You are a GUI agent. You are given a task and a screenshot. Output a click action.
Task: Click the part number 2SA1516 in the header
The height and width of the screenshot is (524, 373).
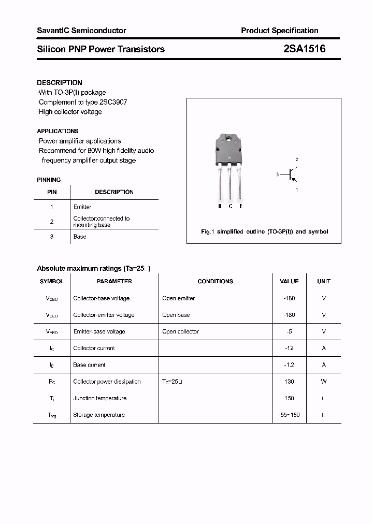(304, 49)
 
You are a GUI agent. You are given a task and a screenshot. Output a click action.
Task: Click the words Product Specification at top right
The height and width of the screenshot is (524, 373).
(279, 31)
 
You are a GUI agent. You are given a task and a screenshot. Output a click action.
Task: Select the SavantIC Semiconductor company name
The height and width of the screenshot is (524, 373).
(81, 31)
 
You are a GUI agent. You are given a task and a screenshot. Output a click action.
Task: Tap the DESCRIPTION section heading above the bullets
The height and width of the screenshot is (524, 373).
(60, 82)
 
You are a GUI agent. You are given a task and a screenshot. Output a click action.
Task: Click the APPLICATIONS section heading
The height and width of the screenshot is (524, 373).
(58, 131)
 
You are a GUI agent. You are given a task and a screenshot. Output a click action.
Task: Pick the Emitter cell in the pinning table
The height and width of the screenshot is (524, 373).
(82, 207)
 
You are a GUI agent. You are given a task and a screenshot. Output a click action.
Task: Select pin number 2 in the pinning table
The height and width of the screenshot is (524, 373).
(52, 221)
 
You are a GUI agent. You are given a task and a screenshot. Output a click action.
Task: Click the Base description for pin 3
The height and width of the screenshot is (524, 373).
(80, 237)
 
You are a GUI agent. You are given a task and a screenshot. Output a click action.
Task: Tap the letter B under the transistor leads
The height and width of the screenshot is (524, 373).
(220, 206)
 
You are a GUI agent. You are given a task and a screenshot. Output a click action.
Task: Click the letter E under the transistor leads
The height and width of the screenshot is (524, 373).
(241, 206)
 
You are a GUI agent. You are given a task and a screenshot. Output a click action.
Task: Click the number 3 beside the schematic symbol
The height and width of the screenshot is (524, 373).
(277, 175)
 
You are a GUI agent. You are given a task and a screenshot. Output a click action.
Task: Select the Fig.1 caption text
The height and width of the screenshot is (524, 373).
(264, 231)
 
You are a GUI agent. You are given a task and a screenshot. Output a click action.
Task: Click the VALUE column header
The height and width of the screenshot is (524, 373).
(289, 281)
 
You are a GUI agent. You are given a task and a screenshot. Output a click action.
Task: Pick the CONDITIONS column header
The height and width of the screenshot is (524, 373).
(215, 281)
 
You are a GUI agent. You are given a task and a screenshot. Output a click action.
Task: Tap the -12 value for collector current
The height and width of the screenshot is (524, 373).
(289, 348)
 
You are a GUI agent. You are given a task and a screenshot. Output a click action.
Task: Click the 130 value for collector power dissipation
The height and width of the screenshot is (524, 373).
(289, 382)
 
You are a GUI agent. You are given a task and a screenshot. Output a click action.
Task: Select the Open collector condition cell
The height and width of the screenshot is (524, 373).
(180, 331)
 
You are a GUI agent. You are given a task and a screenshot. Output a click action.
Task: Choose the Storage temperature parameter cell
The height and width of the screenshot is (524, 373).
(99, 415)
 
